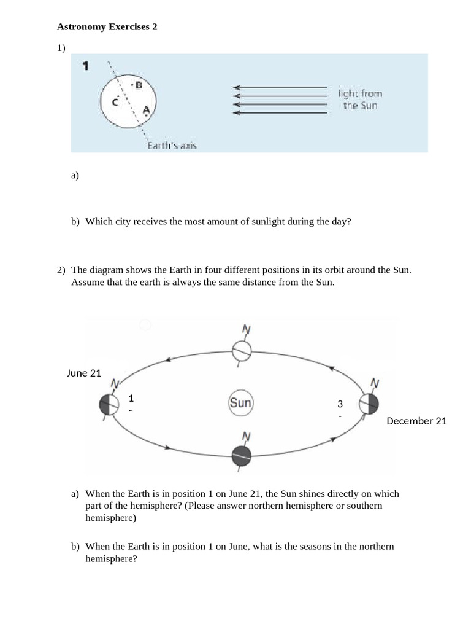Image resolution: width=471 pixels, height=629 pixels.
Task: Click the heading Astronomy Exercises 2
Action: click(107, 27)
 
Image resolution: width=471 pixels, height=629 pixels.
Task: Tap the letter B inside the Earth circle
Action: click(139, 85)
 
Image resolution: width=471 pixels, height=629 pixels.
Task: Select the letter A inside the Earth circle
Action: click(146, 110)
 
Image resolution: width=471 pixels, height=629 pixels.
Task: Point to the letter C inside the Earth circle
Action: click(115, 102)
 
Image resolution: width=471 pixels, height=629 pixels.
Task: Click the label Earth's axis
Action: click(172, 146)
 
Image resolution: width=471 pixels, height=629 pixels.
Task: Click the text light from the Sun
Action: click(360, 100)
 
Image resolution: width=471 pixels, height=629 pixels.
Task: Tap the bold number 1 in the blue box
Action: click(86, 66)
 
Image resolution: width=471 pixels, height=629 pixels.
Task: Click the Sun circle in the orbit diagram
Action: click(240, 404)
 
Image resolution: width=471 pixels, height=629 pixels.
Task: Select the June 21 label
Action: click(84, 373)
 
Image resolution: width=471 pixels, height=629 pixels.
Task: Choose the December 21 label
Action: click(416, 421)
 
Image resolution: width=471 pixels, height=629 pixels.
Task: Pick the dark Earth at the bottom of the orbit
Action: click(242, 456)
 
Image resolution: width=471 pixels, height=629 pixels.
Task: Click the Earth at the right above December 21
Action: click(369, 404)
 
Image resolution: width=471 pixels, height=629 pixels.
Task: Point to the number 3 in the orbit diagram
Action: click(340, 404)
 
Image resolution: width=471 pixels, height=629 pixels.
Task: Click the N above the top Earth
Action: click(246, 330)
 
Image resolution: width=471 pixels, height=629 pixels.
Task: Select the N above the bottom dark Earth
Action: click(246, 437)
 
